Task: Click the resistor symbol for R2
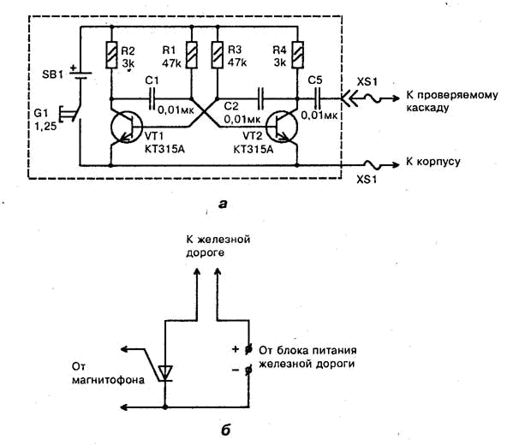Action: point(111,55)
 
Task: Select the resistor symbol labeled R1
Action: point(192,55)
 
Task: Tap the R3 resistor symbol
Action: point(218,55)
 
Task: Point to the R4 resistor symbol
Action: point(297,55)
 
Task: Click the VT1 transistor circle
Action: point(127,127)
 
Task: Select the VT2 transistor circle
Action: point(282,127)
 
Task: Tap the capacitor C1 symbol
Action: point(152,98)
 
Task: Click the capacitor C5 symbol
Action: point(316,98)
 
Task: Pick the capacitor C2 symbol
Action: point(260,98)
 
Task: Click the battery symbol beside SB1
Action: point(80,74)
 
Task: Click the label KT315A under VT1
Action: point(164,150)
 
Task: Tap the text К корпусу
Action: point(433,162)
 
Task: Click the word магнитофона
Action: point(108,380)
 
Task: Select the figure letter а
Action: point(223,204)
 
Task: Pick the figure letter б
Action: point(226,430)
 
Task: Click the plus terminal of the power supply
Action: point(248,349)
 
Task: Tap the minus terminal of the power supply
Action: point(248,370)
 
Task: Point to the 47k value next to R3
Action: point(237,62)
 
